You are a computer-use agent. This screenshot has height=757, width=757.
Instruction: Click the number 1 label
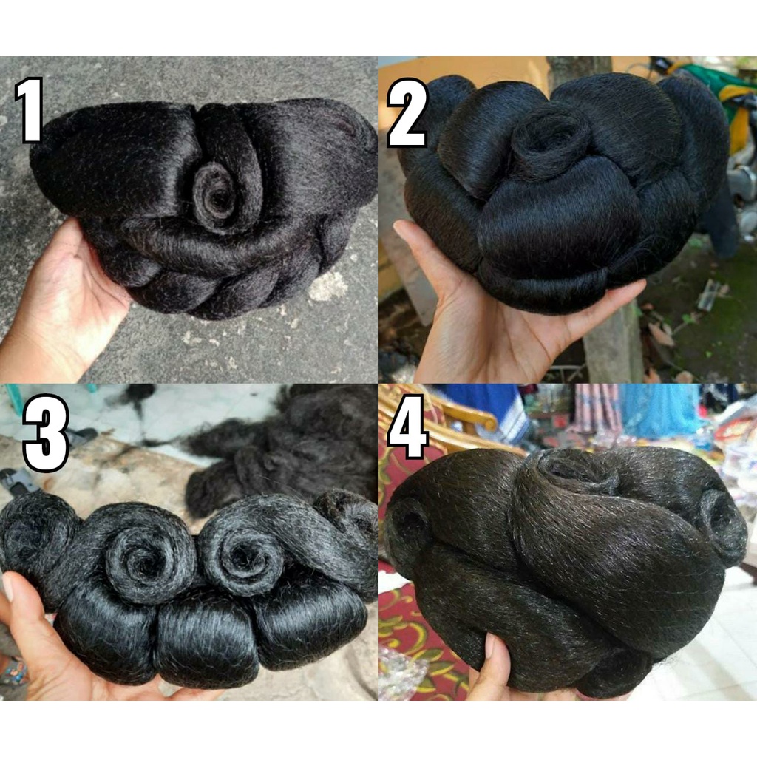coord(30,110)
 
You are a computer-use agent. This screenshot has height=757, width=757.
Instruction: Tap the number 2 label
coord(407,112)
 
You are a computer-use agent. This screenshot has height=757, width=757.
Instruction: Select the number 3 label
coord(46,432)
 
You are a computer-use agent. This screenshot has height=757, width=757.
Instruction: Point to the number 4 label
coord(408,426)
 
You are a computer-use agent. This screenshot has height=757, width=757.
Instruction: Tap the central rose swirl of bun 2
coord(550,140)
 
